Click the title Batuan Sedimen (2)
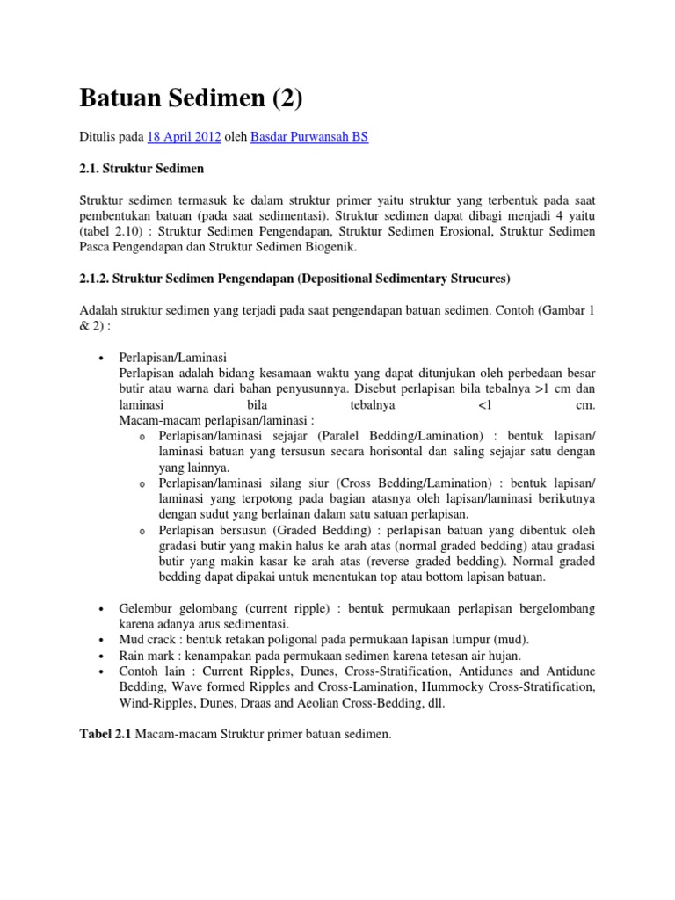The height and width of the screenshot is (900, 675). (x=191, y=97)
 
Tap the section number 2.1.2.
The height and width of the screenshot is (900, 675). (x=96, y=279)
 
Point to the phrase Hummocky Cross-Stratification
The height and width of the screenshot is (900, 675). (x=509, y=687)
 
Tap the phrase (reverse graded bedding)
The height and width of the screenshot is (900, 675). (x=444, y=561)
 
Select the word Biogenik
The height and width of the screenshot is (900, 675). (x=324, y=249)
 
